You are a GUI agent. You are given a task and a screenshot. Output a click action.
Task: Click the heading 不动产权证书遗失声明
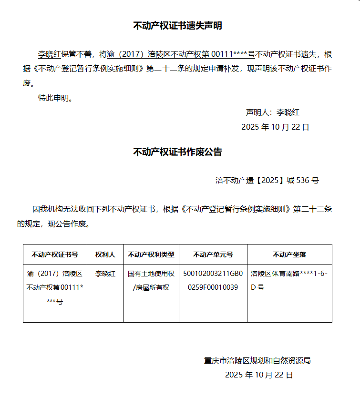click(x=177, y=26)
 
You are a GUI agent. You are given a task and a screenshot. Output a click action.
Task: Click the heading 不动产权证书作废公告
click(x=177, y=152)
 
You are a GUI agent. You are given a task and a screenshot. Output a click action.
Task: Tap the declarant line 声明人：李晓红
click(x=272, y=112)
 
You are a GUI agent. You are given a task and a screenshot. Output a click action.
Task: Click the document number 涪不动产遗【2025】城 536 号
click(x=267, y=180)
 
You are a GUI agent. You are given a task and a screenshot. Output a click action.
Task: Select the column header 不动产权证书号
click(x=55, y=254)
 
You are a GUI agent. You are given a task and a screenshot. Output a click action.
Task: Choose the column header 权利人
click(x=105, y=254)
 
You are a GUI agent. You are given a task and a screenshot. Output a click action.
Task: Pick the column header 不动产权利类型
click(x=151, y=254)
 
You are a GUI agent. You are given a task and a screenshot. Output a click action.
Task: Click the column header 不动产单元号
click(x=213, y=254)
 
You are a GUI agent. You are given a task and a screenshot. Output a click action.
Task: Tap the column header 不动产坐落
click(x=289, y=254)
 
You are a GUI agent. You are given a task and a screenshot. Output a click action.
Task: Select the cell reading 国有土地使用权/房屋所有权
click(x=151, y=281)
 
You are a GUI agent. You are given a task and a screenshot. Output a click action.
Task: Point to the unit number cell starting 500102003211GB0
click(x=213, y=281)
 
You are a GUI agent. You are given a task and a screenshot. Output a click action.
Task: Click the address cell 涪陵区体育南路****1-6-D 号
click(x=289, y=281)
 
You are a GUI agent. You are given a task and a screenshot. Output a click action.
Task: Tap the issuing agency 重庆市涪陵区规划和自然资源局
click(x=257, y=360)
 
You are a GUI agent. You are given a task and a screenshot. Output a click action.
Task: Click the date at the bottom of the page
click(x=259, y=375)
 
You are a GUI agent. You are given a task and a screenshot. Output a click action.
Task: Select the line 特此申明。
click(x=56, y=98)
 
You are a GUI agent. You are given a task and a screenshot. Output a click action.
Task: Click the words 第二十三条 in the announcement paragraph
click(x=312, y=209)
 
